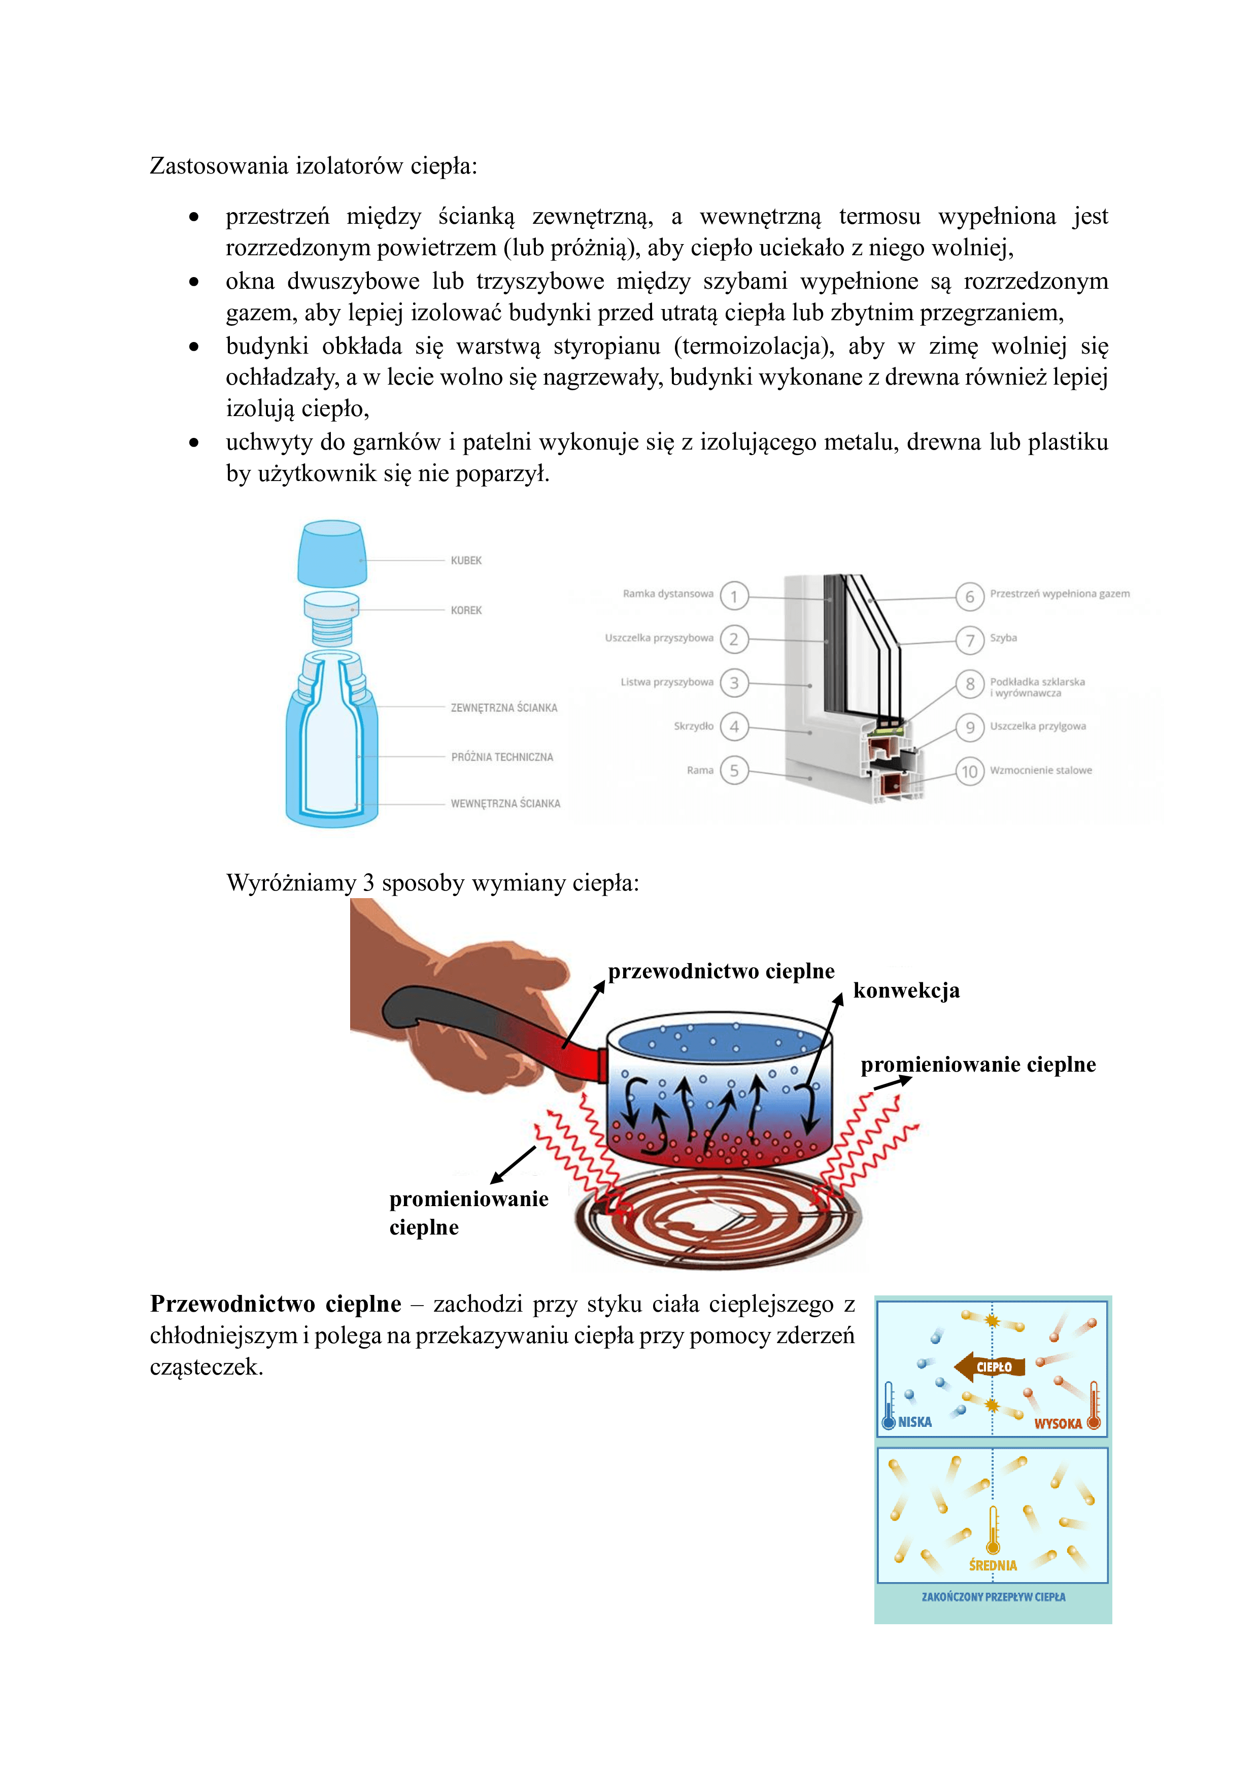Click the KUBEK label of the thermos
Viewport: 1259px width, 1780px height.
(466, 561)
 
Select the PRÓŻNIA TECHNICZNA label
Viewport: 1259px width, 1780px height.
(501, 757)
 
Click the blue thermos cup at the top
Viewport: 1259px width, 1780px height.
(332, 554)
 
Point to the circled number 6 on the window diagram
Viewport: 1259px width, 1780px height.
(969, 597)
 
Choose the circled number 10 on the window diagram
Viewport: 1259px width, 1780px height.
(969, 771)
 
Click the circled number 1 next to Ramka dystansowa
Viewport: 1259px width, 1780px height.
(733, 596)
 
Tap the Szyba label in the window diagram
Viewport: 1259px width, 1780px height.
(1003, 638)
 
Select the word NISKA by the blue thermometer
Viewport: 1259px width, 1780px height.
(915, 1422)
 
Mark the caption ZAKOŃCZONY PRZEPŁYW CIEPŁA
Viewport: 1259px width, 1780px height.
(993, 1597)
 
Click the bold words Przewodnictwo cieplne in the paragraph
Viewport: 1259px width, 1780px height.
(275, 1304)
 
